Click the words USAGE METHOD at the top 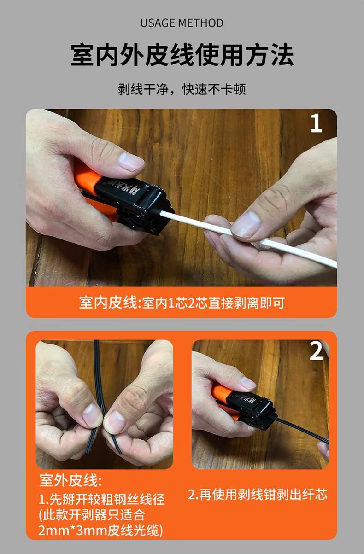click(x=182, y=23)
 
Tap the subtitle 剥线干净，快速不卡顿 click(x=182, y=89)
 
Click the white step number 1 click(x=316, y=124)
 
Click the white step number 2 click(x=316, y=352)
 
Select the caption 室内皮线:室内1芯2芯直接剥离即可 click(x=182, y=303)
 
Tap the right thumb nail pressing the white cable click(x=246, y=225)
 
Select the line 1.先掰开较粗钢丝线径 click(x=102, y=499)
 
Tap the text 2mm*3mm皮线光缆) click(x=100, y=530)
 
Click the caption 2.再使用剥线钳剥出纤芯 click(x=258, y=495)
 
